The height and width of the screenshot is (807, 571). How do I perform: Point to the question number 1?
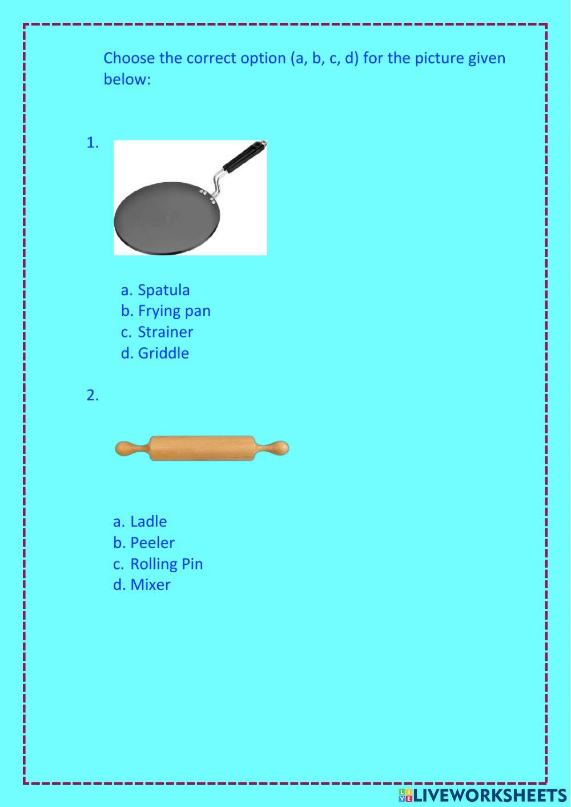tap(93, 143)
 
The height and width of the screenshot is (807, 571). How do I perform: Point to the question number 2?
tap(93, 395)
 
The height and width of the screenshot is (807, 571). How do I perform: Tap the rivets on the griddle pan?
tap(208, 196)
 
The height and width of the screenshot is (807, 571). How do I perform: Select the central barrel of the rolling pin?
tap(202, 448)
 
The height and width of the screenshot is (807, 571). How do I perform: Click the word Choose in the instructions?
tap(129, 58)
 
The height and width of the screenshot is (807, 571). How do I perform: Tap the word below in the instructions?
tap(127, 79)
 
